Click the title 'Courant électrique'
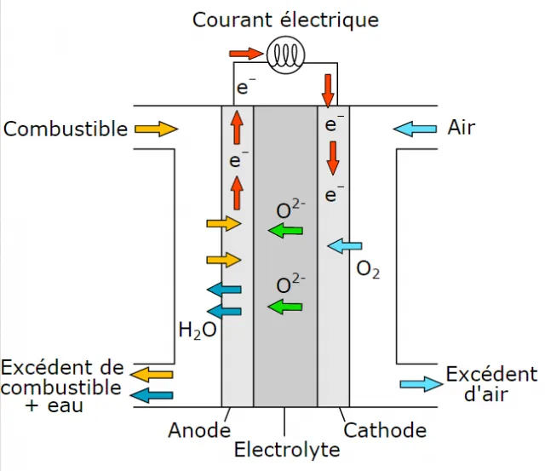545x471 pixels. (285, 20)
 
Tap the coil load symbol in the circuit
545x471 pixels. (286, 55)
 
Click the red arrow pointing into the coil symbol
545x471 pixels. (246, 54)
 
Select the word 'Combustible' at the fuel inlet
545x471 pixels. (66, 129)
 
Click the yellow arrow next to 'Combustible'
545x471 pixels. (157, 129)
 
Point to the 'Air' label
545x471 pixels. (461, 127)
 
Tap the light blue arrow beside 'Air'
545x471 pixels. (415, 129)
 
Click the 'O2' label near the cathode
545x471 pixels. (368, 270)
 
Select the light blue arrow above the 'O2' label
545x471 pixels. (345, 246)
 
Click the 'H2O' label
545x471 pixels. (198, 330)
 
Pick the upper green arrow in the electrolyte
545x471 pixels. (285, 231)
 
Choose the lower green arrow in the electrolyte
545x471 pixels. (285, 307)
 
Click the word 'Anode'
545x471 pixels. (199, 430)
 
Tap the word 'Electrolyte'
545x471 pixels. (287, 450)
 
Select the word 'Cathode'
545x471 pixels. (385, 430)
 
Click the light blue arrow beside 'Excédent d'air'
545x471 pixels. (422, 384)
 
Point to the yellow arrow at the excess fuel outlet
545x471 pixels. (152, 375)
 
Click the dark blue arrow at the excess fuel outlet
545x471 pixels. (152, 395)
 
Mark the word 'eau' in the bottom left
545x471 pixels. (66, 406)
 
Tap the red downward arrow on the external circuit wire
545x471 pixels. (328, 91)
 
